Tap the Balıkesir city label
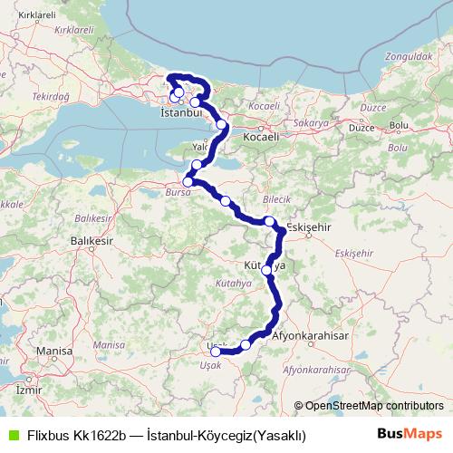(x=93, y=242)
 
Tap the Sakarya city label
(x=310, y=120)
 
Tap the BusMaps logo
(x=410, y=435)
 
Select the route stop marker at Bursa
(x=188, y=181)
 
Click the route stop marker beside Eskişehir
(x=270, y=221)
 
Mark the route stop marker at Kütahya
(x=266, y=270)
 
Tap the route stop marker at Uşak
(x=216, y=352)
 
